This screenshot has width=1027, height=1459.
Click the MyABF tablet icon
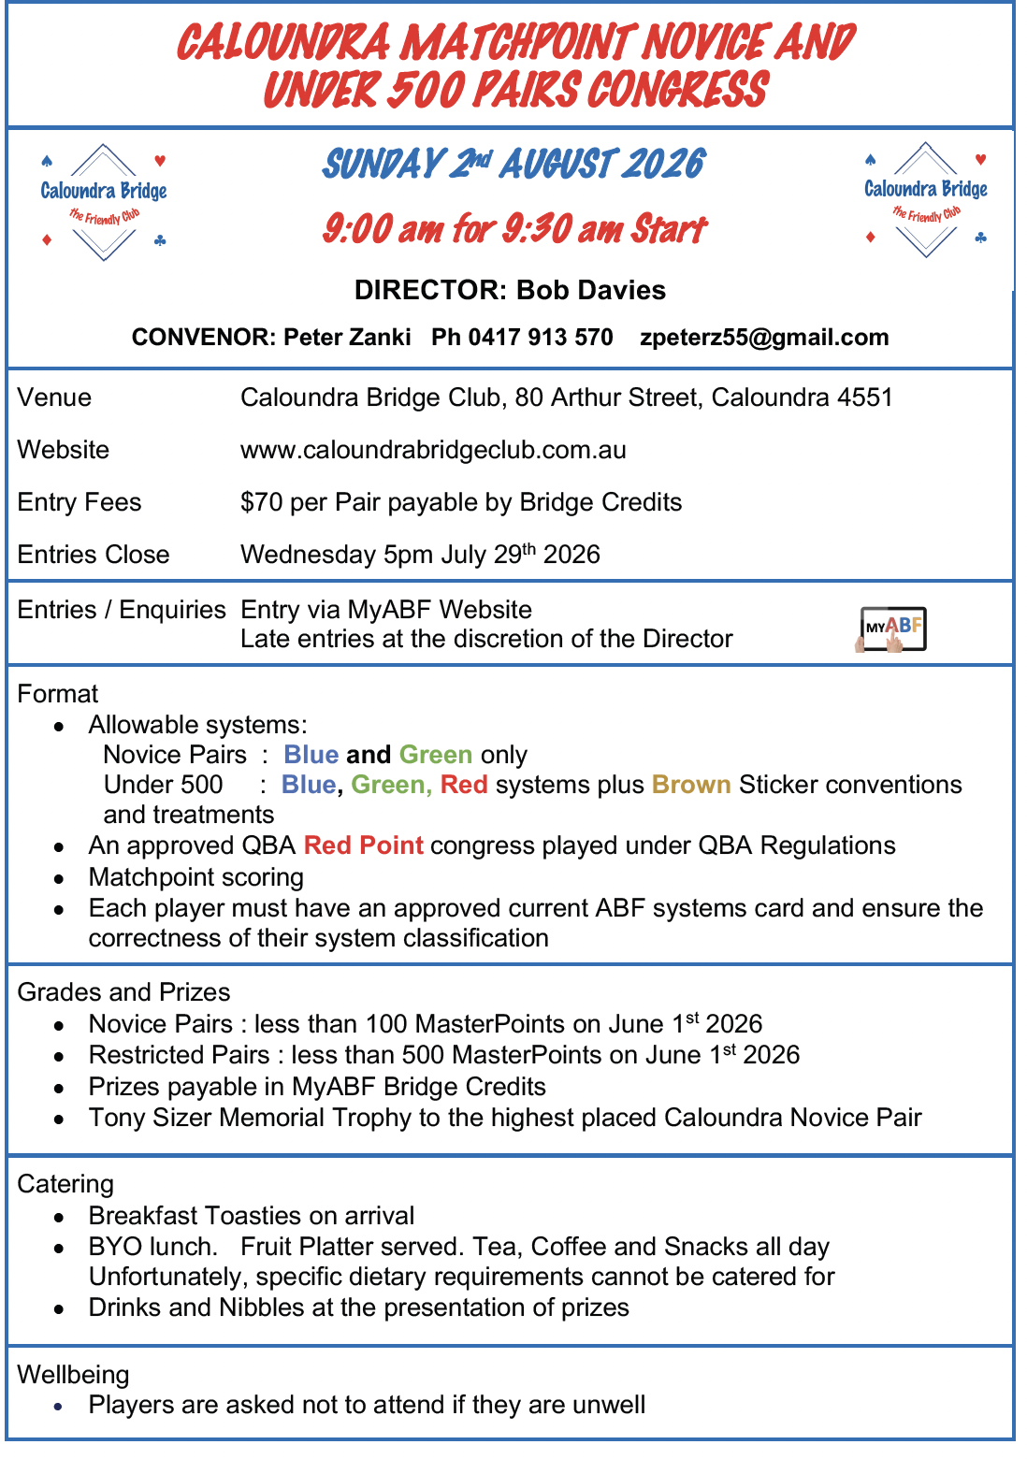point(892,628)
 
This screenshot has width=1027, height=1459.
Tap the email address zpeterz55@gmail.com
point(764,338)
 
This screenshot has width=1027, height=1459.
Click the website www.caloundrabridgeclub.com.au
point(433,450)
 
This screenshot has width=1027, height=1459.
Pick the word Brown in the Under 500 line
point(691,785)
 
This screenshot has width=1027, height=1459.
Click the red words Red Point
point(363,845)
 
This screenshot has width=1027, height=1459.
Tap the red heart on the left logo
point(160,161)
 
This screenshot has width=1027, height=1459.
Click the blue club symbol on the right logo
point(980,238)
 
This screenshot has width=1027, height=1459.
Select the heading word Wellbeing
point(73,1375)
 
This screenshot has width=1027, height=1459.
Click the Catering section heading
point(65,1184)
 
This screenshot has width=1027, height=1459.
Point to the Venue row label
point(54,397)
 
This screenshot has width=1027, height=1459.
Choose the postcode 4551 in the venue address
point(865,397)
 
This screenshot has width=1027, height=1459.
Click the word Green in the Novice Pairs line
point(435,755)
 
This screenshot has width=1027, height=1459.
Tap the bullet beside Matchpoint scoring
point(59,879)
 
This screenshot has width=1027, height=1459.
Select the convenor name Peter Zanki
point(347,338)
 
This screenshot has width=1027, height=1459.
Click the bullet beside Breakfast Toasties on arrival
point(59,1218)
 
